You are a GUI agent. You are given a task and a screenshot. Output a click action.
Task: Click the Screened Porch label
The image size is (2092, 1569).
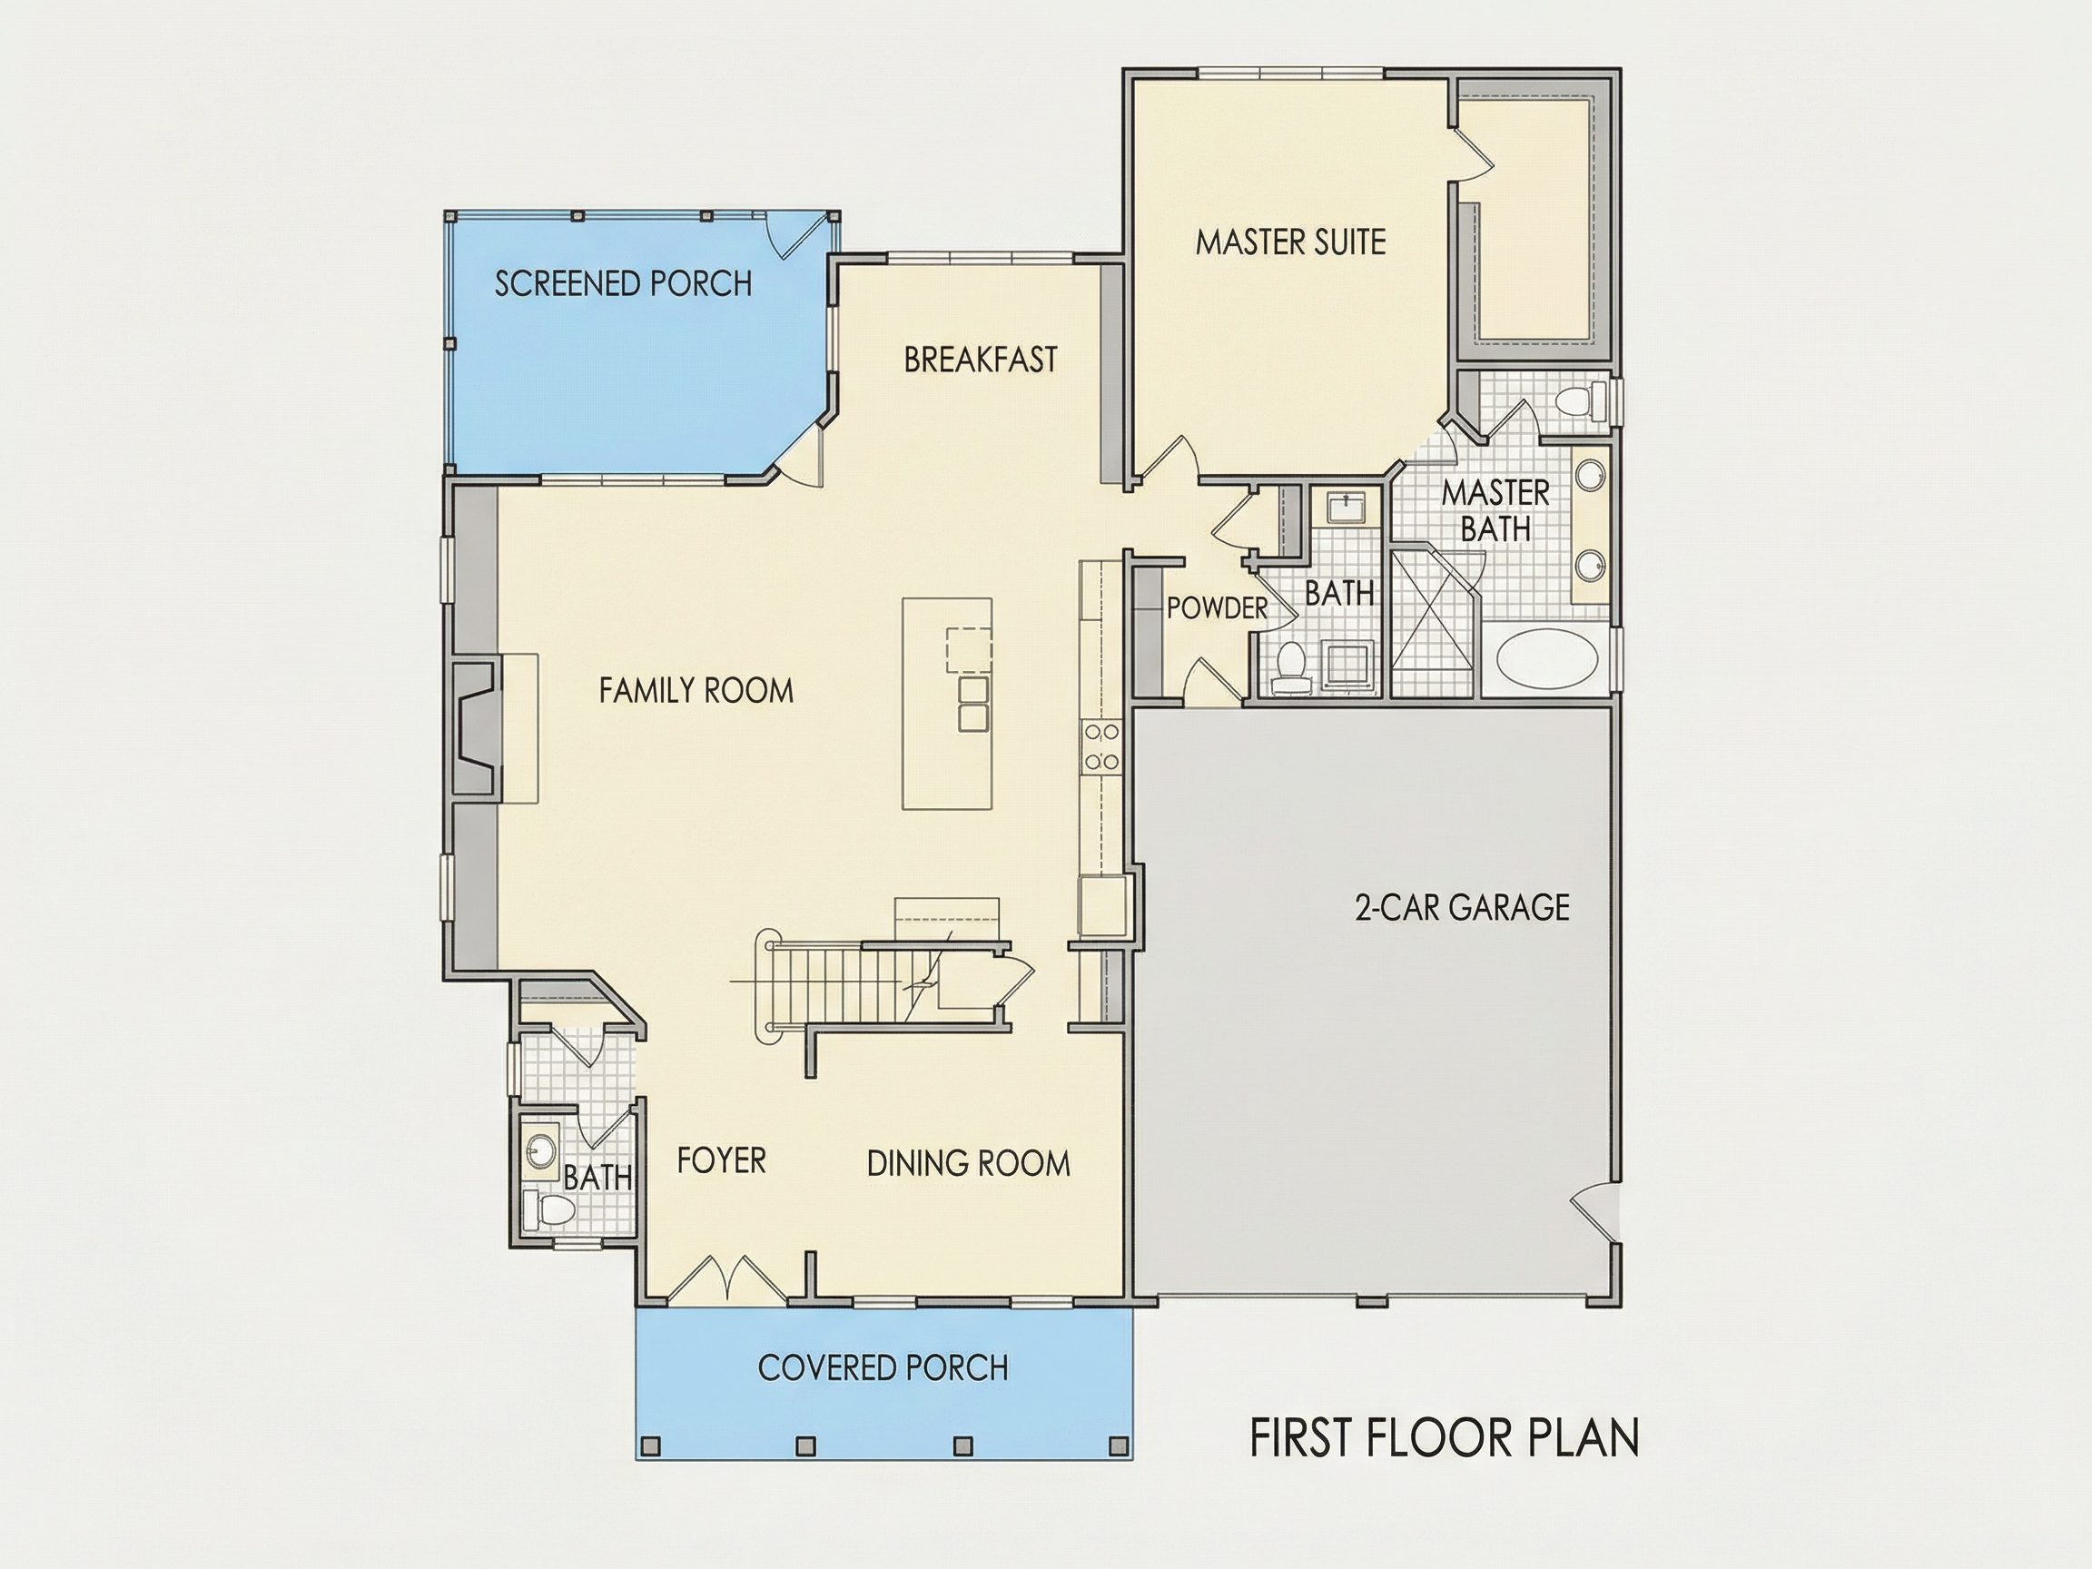point(623,283)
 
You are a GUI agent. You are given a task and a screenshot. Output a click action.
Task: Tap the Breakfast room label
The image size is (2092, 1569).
point(981,360)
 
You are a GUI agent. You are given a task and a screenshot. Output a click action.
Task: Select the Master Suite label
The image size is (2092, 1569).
point(1291,242)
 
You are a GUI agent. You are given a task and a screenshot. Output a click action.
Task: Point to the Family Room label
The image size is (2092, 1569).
point(696,690)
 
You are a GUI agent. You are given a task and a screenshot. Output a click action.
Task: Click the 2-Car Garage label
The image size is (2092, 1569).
point(1462,908)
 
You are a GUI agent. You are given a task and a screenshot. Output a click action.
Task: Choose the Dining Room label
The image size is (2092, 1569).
point(969,1163)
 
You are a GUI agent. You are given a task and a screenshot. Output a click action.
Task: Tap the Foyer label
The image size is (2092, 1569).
point(721,1160)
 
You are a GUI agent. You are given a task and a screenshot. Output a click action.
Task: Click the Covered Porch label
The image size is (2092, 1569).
point(883,1367)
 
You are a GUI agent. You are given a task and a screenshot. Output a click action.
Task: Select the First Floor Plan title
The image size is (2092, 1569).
point(1445,1437)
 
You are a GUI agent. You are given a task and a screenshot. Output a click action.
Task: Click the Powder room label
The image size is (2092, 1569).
point(1218,608)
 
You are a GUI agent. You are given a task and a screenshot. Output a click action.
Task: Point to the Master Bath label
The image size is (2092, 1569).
point(1495,510)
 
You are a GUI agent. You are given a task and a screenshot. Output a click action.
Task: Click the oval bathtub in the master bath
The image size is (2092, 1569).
point(1548,660)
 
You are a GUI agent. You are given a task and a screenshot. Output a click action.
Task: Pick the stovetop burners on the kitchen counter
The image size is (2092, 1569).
point(1100,747)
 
